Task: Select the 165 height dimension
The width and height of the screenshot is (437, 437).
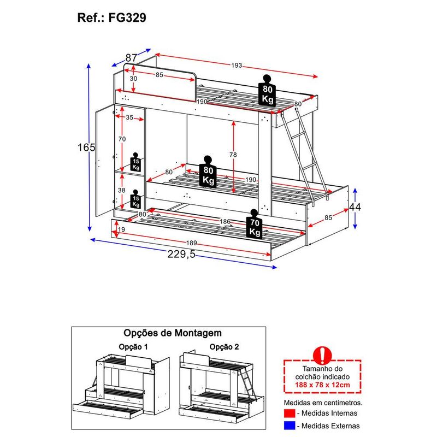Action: pyautogui.click(x=86, y=147)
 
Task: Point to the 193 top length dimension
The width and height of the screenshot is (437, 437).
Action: pyautogui.click(x=237, y=65)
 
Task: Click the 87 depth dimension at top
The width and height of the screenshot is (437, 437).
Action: pyautogui.click(x=131, y=58)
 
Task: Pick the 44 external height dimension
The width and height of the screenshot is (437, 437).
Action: pyautogui.click(x=355, y=207)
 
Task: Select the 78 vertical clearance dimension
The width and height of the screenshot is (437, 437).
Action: pyautogui.click(x=233, y=155)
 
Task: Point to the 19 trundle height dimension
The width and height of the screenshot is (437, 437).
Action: pyautogui.click(x=121, y=230)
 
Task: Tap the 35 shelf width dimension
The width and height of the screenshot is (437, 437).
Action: pyautogui.click(x=129, y=117)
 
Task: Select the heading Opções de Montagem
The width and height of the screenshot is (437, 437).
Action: pyautogui.click(x=173, y=333)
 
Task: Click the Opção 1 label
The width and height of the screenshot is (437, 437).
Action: pyautogui.click(x=133, y=347)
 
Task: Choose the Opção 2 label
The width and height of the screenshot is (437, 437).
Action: pyautogui.click(x=225, y=347)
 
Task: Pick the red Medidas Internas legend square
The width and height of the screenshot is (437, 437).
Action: pyautogui.click(x=290, y=413)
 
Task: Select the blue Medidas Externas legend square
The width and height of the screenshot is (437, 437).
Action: pyautogui.click(x=290, y=426)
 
